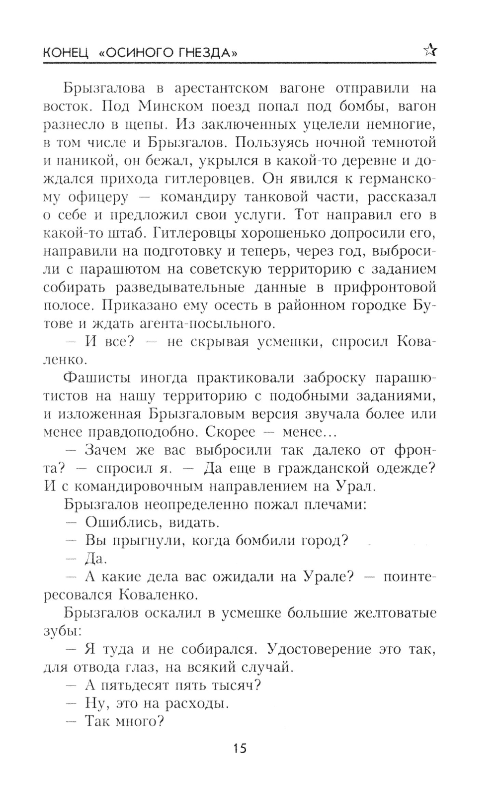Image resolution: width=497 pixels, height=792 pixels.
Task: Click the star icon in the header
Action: tap(429, 50)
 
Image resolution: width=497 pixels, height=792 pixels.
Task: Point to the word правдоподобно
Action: tap(119, 432)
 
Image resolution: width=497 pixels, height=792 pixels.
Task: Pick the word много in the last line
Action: tap(139, 721)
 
